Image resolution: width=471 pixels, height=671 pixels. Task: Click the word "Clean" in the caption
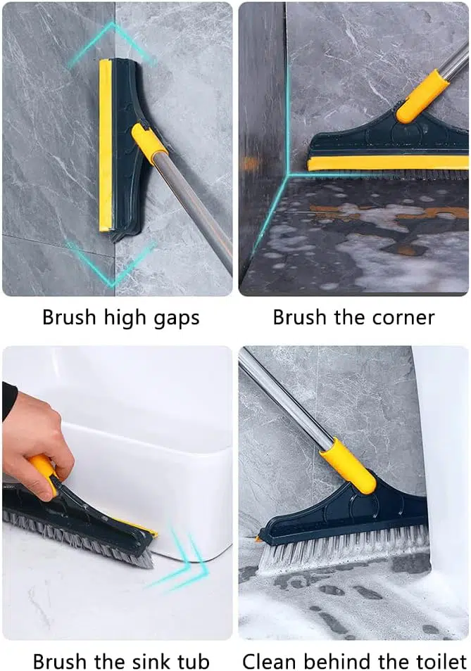click(x=265, y=660)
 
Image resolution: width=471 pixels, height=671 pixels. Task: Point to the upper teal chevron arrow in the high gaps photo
click(x=112, y=43)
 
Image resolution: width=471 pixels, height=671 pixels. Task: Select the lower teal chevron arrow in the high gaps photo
click(x=112, y=264)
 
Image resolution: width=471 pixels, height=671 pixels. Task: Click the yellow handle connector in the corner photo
click(x=422, y=96)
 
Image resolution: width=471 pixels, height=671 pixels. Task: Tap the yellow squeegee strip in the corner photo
click(x=387, y=162)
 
